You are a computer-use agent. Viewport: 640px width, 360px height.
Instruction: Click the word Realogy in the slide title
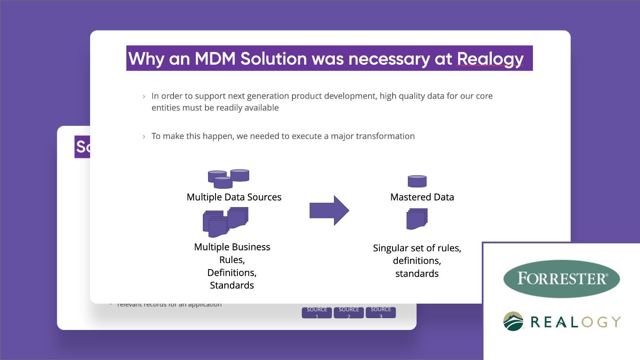[490, 59]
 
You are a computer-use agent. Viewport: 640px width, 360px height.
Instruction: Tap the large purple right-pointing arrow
[329, 211]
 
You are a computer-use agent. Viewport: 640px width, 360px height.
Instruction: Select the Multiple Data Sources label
[234, 197]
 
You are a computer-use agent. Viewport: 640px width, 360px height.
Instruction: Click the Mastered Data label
[422, 197]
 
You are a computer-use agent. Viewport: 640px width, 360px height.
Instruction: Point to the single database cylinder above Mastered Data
[417, 181]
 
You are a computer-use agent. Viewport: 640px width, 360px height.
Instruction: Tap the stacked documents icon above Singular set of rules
[417, 219]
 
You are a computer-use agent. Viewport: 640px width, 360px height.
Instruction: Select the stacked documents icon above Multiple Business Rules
[225, 222]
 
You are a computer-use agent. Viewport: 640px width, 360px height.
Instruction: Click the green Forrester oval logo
[561, 279]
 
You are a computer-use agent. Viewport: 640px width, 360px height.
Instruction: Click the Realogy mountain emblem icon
[513, 322]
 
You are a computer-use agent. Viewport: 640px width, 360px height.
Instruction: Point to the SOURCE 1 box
[317, 312]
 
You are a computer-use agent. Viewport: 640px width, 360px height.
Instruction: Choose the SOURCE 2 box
[349, 312]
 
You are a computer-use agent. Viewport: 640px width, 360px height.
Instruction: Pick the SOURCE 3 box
[381, 312]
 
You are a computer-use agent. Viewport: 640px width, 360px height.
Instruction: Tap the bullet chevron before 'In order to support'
[144, 97]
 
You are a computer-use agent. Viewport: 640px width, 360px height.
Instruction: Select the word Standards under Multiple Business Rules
[232, 285]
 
